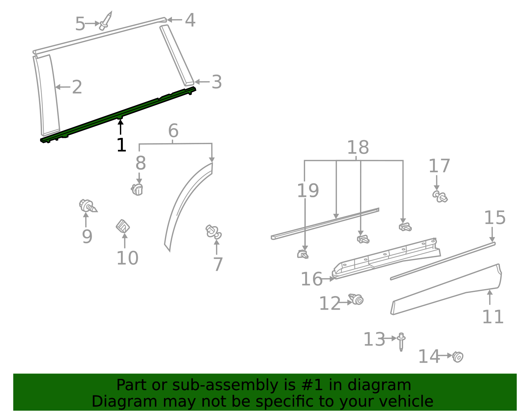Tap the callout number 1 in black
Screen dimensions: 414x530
click(122, 145)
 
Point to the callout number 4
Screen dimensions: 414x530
click(190, 20)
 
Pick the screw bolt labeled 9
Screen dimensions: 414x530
click(87, 206)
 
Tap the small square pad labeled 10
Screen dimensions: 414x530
click(123, 227)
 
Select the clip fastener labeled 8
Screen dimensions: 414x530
click(137, 190)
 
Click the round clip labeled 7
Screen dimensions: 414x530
click(214, 232)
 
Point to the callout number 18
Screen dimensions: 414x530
click(358, 147)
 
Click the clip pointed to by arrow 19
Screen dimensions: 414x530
click(303, 255)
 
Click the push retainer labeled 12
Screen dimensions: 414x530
click(356, 299)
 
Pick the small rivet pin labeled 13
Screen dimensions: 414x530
click(401, 341)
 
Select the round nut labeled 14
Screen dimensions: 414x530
click(458, 357)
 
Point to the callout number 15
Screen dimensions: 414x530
click(495, 218)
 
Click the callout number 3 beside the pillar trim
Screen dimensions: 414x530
click(217, 82)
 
